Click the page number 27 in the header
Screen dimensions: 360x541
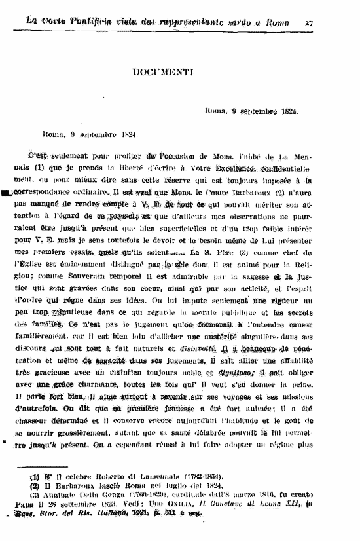[309, 22]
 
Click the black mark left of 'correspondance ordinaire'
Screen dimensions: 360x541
[6, 194]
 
